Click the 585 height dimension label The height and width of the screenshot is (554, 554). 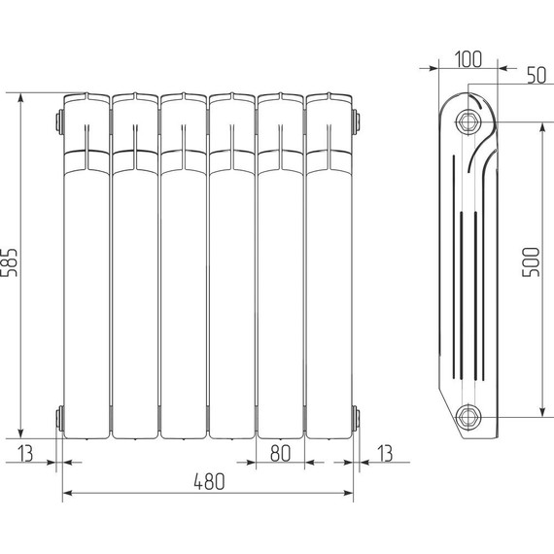tap(11, 262)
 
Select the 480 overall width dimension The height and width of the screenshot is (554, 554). tap(208, 481)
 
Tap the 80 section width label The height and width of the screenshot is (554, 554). tap(280, 451)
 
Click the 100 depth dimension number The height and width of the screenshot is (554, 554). tap(467, 58)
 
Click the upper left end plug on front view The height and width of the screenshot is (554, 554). tap(60, 122)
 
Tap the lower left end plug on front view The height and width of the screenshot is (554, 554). tap(60, 419)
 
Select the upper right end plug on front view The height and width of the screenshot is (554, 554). tap(357, 122)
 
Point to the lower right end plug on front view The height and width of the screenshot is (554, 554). tap(357, 419)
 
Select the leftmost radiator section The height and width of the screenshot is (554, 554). tap(87, 267)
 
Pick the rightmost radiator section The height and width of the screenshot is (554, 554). tap(329, 267)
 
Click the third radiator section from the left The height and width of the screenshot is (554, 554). tap(184, 267)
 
